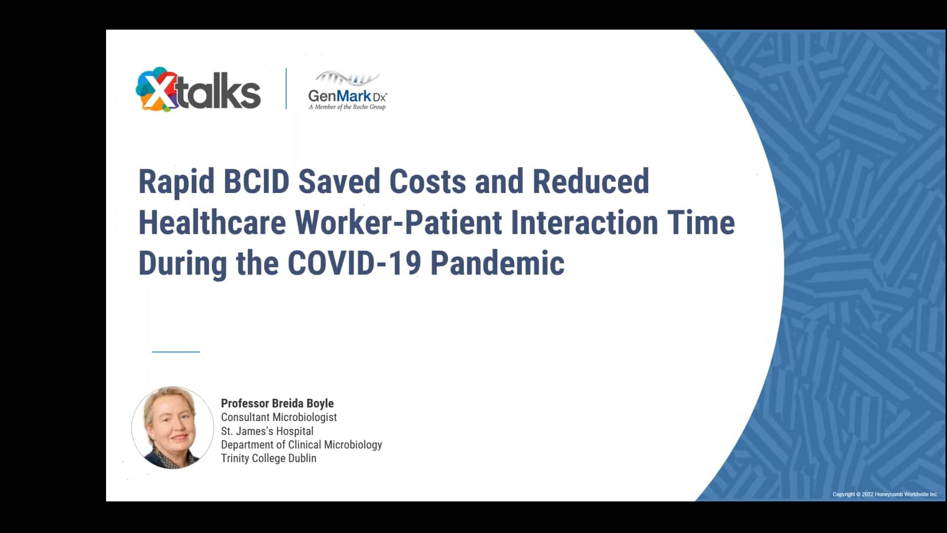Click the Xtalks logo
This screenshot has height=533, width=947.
(x=198, y=90)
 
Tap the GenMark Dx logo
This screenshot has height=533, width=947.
(x=347, y=92)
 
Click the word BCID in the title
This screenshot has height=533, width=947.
(x=256, y=181)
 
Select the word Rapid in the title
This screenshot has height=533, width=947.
(x=176, y=182)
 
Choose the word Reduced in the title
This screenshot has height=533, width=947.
(x=590, y=181)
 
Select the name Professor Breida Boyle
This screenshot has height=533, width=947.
(x=277, y=403)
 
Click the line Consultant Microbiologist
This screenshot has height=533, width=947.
(x=279, y=417)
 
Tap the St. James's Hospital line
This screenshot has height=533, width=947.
(x=267, y=431)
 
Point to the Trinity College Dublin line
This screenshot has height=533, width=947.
(x=268, y=458)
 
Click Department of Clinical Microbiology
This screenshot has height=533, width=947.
(x=301, y=444)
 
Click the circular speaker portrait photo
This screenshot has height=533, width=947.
(x=173, y=427)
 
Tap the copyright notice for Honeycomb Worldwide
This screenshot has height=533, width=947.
(x=885, y=494)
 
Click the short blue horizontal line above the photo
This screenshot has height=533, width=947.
(x=176, y=352)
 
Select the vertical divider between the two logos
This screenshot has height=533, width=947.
(x=286, y=89)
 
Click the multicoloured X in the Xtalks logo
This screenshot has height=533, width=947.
(x=154, y=90)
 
